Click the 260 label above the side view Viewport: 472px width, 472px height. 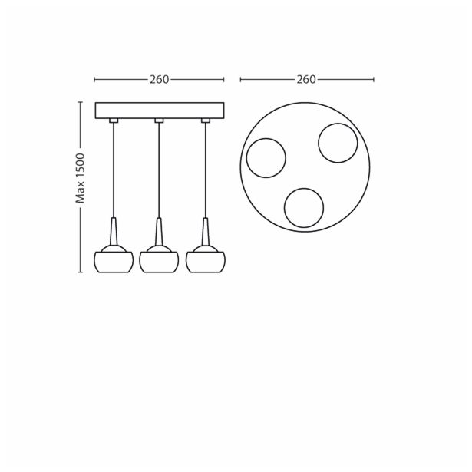(x=159, y=79)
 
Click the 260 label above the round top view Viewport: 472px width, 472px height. (x=306, y=79)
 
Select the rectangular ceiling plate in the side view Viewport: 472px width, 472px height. (x=159, y=110)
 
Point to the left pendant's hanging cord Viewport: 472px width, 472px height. (x=113, y=169)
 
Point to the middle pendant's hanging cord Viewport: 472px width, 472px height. (x=159, y=169)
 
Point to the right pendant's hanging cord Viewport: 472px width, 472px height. (x=206, y=169)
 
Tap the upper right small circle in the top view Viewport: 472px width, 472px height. (x=338, y=143)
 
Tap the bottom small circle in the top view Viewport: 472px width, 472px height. (x=304, y=207)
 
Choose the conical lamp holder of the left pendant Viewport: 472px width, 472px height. (x=113, y=233)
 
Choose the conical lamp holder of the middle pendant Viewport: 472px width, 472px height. (x=159, y=233)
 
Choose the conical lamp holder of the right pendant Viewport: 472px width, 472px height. (x=206, y=233)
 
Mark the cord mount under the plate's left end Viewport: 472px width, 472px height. (x=113, y=120)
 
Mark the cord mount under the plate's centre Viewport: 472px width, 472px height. (x=159, y=120)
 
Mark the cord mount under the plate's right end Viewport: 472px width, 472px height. (x=206, y=120)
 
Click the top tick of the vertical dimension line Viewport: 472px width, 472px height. (x=80, y=102)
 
